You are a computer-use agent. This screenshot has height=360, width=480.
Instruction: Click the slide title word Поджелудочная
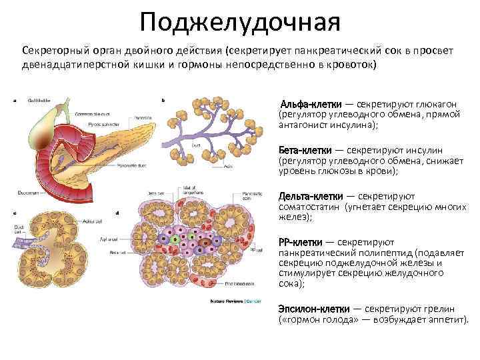tap(240, 23)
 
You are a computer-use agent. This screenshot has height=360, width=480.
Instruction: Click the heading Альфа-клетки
tap(311, 105)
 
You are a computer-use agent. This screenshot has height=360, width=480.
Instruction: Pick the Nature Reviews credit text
tap(225, 301)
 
